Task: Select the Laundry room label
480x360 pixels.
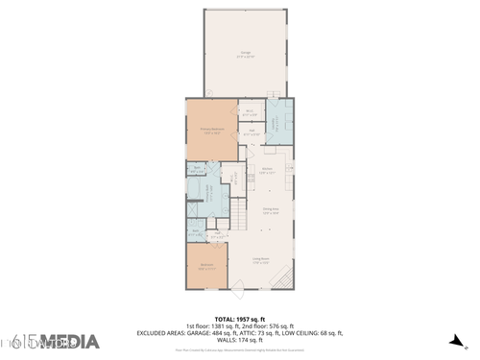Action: (x=274, y=124)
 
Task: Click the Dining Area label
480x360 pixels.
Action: (x=271, y=212)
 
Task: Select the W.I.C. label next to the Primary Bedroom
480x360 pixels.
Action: (x=249, y=111)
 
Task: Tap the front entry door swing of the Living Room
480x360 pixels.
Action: (x=241, y=284)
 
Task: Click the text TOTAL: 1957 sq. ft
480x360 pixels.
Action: (x=239, y=319)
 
